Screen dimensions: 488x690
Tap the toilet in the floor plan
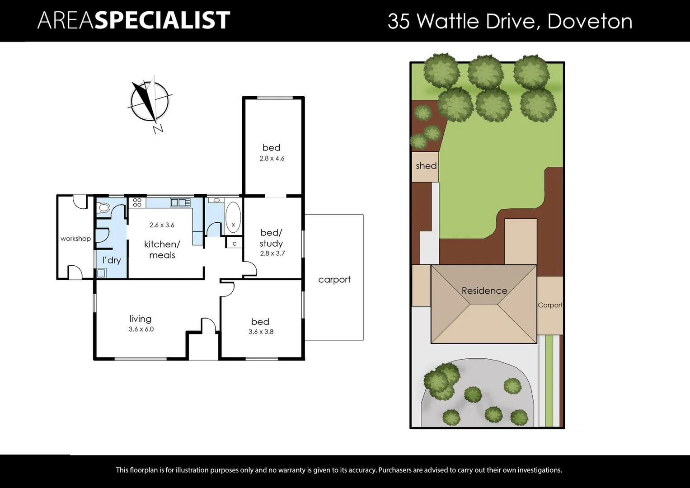(103, 208)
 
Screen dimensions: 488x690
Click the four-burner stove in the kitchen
(137, 202)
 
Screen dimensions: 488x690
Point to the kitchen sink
(180, 202)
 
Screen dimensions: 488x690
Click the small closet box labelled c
(234, 244)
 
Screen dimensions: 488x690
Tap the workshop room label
(75, 239)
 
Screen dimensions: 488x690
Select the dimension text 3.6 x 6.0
(141, 329)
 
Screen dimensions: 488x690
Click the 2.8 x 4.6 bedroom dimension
(272, 159)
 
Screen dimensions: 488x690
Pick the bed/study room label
(271, 238)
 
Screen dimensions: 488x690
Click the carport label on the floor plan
(334, 280)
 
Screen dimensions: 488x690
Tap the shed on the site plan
(426, 166)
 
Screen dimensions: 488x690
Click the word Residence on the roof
(484, 291)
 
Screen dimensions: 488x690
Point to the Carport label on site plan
(550, 305)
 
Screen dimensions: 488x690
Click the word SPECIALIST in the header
(162, 21)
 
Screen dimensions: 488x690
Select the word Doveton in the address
(590, 21)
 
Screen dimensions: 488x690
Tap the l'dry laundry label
(111, 260)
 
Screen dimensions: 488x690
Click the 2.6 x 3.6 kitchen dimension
(162, 225)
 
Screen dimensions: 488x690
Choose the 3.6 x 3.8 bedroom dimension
(261, 332)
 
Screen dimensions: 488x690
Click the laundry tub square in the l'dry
(101, 273)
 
